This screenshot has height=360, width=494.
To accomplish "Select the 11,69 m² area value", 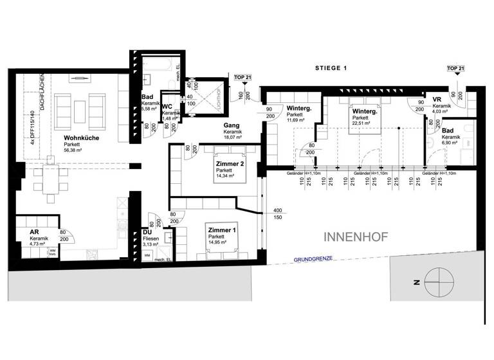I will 297,120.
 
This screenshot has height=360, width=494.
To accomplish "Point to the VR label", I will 437,100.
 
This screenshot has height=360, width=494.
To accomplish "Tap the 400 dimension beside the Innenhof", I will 277,211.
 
